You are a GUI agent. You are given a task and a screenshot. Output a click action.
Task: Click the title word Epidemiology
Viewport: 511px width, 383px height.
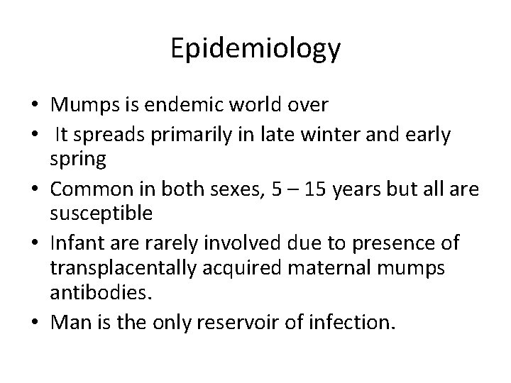(255, 50)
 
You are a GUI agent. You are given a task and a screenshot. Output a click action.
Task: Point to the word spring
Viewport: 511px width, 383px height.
(78, 160)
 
